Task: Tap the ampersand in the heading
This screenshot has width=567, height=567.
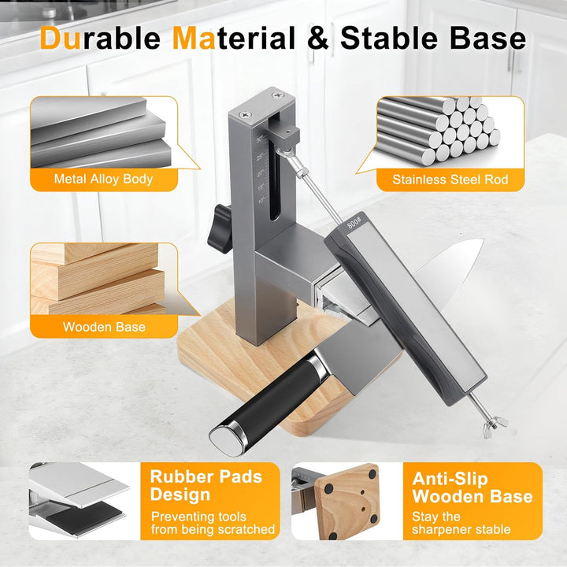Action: pos(317,38)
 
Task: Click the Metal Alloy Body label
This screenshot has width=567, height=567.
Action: pos(103,179)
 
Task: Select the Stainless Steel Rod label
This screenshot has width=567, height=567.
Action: pos(450,180)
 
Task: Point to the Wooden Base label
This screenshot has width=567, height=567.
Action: pos(104,327)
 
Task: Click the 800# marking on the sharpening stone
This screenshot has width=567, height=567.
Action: pos(354,221)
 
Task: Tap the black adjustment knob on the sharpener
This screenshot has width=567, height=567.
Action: pos(220,229)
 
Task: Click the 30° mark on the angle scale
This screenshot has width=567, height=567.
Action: pos(260,140)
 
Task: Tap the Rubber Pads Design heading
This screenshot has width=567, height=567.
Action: pos(206,485)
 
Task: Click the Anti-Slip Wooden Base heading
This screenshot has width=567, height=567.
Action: pos(472,487)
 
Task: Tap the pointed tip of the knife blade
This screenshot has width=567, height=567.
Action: pos(483,240)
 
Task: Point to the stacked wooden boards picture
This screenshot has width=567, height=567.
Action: pos(98,279)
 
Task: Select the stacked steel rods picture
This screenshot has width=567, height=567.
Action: pos(439,129)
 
